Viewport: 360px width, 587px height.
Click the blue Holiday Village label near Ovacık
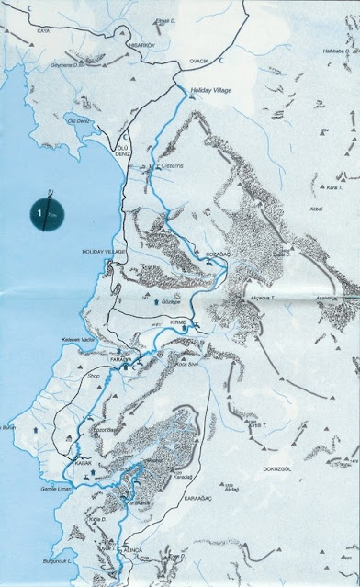212,91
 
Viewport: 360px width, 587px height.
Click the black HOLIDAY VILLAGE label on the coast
103,251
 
